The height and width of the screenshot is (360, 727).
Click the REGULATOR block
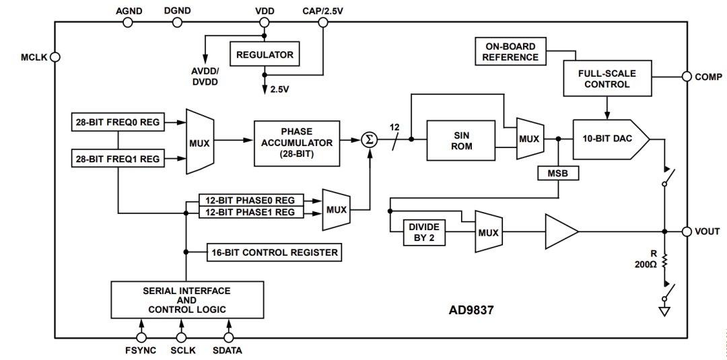[265, 55]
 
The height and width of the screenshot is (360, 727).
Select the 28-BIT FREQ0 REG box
[117, 122]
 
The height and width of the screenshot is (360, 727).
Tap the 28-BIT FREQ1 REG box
[117, 158]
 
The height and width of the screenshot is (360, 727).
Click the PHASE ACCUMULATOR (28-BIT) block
[297, 143]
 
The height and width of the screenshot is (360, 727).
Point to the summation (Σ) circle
[370, 139]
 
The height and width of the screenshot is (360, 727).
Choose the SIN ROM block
[461, 141]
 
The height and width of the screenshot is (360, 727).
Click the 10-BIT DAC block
[611, 139]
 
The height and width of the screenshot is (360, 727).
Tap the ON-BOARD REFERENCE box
[510, 51]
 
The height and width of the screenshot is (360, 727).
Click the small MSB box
[558, 174]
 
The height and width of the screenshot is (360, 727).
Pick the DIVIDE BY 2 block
[424, 233]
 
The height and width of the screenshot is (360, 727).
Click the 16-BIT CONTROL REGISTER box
[275, 252]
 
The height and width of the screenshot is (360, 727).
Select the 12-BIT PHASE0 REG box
[251, 200]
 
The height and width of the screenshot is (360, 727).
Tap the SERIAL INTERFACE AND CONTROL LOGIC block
[187, 299]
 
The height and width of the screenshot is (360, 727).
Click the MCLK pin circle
[55, 57]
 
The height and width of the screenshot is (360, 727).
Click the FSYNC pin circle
[141, 338]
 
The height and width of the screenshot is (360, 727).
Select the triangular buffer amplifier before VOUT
[561, 231]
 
